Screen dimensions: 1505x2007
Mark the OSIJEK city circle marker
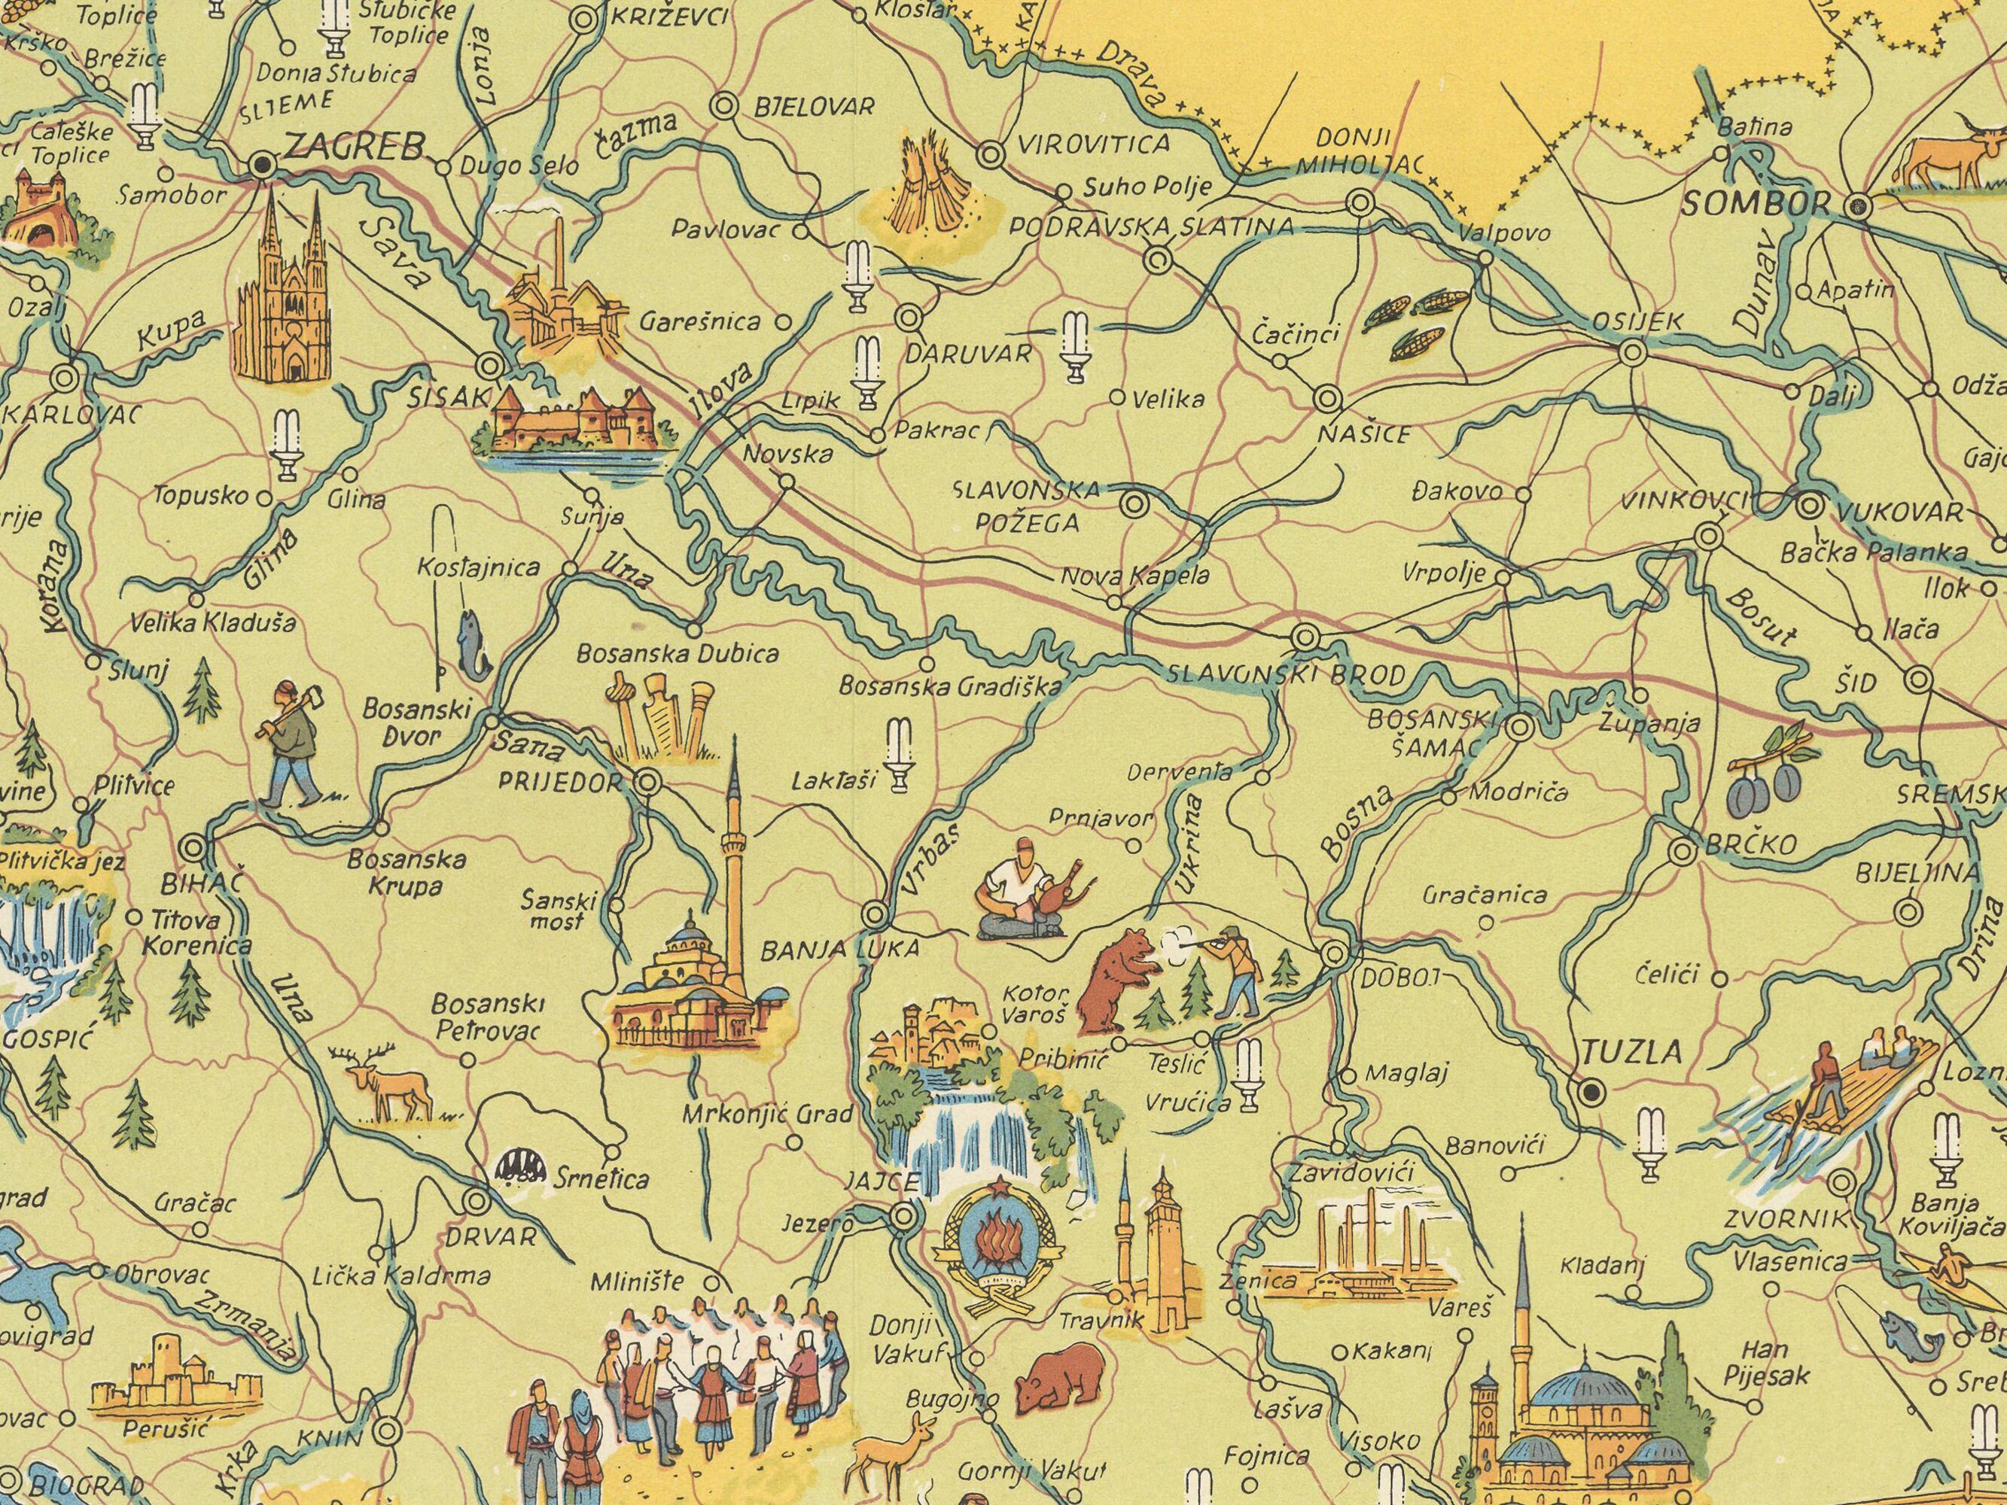1632,352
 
